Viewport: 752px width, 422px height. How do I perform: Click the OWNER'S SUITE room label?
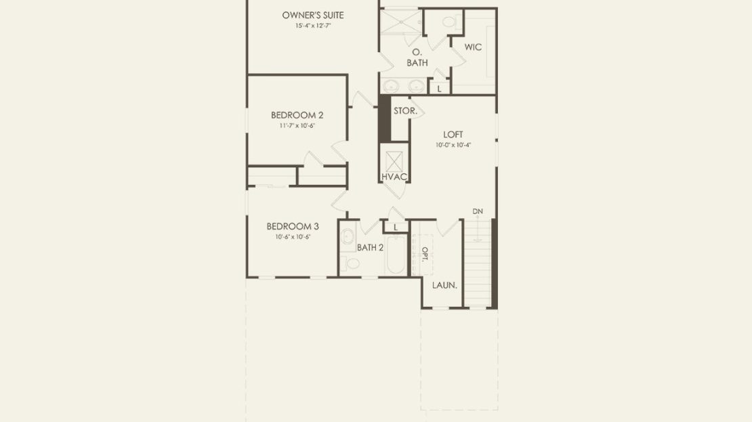click(313, 15)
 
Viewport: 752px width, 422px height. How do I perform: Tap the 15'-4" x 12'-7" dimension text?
click(313, 26)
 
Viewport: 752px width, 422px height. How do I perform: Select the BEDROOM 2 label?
click(297, 115)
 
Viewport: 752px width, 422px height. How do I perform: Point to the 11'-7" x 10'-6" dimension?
click(297, 125)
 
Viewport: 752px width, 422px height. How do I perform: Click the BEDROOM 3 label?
click(293, 226)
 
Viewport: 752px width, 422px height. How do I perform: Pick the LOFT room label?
click(453, 135)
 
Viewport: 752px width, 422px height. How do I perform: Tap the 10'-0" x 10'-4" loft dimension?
click(453, 145)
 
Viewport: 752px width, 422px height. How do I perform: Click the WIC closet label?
click(473, 47)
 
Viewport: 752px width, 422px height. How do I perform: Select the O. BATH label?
click(417, 57)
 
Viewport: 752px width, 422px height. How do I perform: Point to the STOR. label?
click(405, 111)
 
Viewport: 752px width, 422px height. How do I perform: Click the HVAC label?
click(394, 177)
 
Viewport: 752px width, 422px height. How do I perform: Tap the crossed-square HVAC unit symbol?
click(394, 162)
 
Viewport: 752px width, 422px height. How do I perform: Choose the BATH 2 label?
click(371, 248)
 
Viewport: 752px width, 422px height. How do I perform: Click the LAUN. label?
click(444, 285)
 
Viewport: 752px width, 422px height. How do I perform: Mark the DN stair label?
click(478, 211)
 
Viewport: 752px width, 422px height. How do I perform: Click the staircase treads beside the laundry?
click(477, 263)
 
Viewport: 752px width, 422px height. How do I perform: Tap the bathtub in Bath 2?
click(396, 255)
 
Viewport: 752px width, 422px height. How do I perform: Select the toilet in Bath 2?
click(350, 263)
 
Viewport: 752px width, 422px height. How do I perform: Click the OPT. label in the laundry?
click(425, 254)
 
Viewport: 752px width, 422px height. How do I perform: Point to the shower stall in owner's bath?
click(401, 21)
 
